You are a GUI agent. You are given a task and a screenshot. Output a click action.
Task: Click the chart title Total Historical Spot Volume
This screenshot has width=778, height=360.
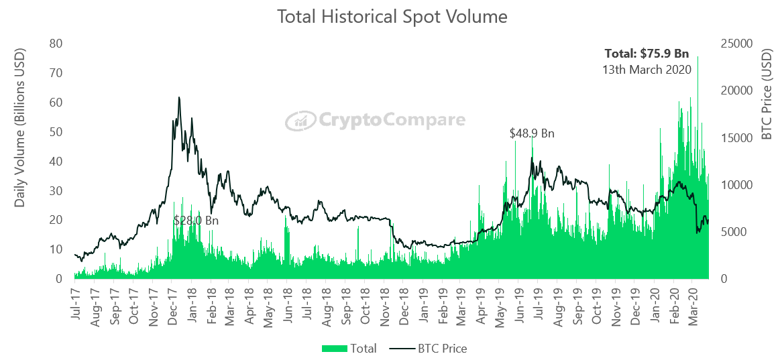(x=392, y=16)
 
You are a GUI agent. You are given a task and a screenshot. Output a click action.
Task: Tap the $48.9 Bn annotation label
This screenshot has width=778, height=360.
(x=532, y=133)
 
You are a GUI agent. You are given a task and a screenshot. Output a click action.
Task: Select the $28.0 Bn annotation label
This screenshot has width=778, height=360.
(x=196, y=220)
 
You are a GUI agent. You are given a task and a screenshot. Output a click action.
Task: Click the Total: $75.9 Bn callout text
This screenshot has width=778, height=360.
(x=647, y=54)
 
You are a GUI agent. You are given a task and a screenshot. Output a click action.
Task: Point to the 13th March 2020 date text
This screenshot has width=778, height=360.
(x=647, y=70)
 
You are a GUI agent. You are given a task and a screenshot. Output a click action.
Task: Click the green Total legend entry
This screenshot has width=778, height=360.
(x=349, y=348)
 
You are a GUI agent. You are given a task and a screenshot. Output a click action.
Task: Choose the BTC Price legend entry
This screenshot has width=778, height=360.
(x=429, y=348)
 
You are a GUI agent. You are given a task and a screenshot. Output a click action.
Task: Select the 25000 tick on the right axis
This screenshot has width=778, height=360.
(x=736, y=44)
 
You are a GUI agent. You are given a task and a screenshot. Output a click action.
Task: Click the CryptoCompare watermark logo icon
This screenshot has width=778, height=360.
(x=299, y=121)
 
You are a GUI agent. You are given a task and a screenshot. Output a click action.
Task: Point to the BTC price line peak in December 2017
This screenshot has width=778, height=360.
(x=179, y=97)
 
